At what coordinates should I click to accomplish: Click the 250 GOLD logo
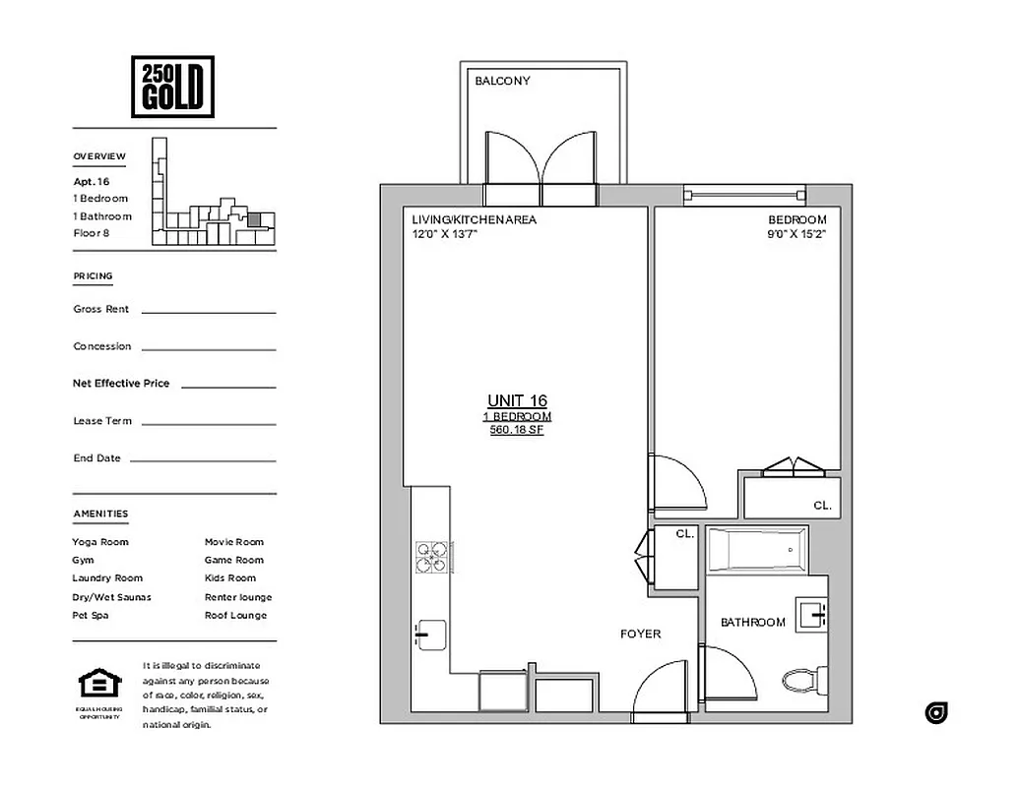(172, 86)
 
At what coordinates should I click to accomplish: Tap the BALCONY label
(502, 81)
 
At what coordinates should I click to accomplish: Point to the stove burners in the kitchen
(431, 557)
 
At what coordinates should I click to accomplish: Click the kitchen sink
(430, 635)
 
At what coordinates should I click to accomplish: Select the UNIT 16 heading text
(517, 400)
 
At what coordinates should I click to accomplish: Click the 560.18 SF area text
(517, 430)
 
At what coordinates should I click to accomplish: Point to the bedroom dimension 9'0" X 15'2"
(797, 234)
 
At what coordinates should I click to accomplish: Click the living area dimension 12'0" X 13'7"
(445, 234)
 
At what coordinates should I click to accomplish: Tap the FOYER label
(640, 634)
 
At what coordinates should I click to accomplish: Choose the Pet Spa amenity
(91, 615)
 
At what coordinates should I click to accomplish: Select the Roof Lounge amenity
(235, 615)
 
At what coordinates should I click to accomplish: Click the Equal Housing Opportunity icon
(99, 685)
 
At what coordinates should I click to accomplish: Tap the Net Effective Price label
(121, 383)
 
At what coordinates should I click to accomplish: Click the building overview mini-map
(212, 197)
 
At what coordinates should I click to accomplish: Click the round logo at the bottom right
(936, 713)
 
